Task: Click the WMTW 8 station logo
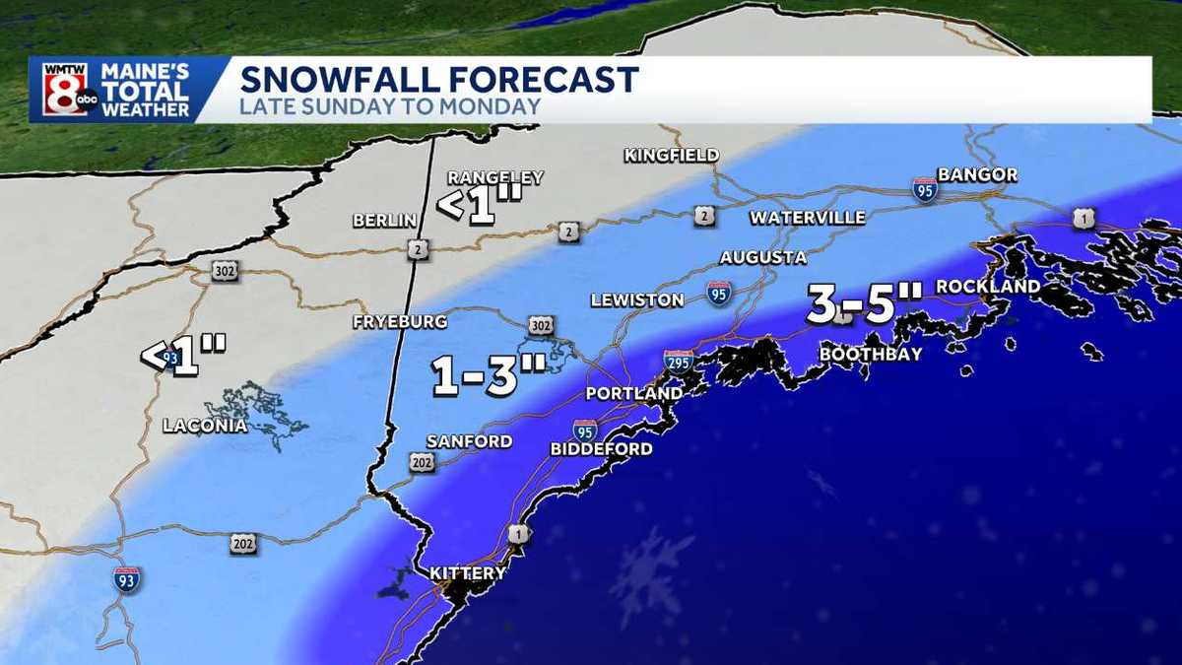tap(66, 90)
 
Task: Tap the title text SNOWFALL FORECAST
tap(439, 79)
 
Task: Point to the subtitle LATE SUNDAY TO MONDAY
tap(390, 106)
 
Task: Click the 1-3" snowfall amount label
tap(489, 375)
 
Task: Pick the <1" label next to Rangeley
tap(479, 206)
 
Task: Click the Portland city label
tap(633, 393)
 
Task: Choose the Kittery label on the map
tap(468, 572)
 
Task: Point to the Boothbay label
tap(871, 354)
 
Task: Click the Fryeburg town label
tap(400, 322)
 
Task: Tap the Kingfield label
tap(671, 155)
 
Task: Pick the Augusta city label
tap(762, 257)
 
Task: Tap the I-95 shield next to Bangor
tap(924, 189)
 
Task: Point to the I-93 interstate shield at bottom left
tap(126, 578)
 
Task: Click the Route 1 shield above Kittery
tap(518, 533)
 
